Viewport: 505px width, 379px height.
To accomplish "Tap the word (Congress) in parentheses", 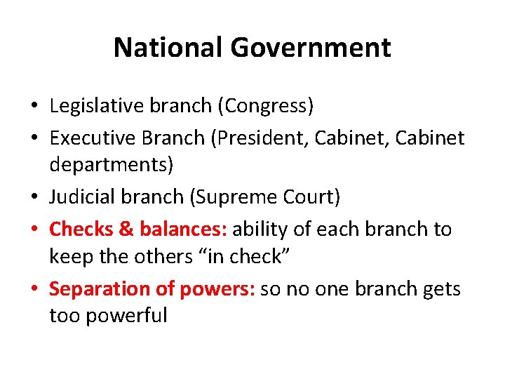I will (266, 106).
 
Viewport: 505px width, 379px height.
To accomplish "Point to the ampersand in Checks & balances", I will (126, 229).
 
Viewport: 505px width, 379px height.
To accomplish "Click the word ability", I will (264, 229).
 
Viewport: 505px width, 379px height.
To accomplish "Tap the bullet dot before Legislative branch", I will (34, 107).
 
